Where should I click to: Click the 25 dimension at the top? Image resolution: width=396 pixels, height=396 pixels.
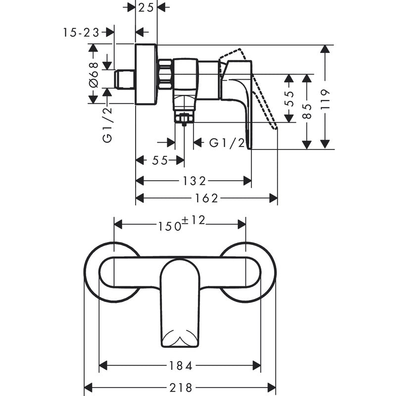click(146, 7)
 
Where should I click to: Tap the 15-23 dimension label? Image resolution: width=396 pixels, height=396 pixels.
click(81, 32)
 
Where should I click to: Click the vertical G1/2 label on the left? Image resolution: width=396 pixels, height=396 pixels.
click(107, 124)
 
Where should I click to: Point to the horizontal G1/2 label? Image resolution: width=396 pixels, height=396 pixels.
click(227, 143)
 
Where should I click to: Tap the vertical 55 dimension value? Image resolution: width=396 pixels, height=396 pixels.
click(290, 98)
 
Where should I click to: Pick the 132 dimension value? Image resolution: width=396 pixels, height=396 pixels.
click(194, 181)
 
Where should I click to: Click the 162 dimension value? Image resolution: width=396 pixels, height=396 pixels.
click(206, 198)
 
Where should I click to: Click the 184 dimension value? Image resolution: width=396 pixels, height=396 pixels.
click(180, 366)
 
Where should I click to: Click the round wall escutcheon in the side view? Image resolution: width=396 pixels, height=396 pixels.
click(146, 74)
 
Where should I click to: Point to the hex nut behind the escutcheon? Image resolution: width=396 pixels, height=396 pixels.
click(165, 74)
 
